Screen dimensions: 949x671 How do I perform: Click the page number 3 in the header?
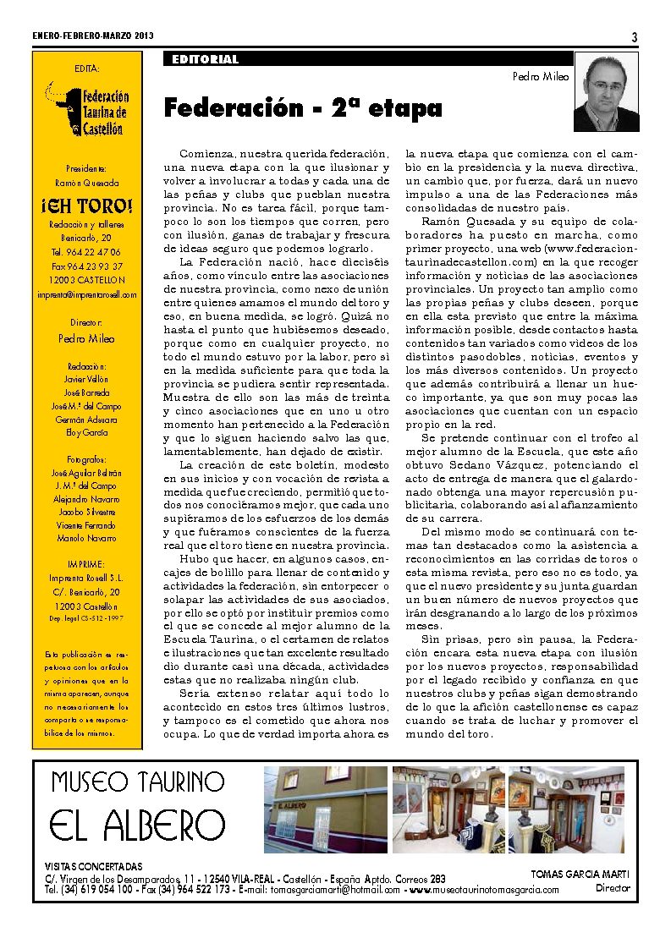click(634, 36)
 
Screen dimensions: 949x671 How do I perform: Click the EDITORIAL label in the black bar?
click(205, 60)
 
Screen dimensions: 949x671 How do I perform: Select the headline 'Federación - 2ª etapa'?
click(302, 108)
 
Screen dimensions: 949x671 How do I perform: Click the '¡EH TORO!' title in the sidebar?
click(87, 206)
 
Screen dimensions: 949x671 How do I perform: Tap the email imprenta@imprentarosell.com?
click(87, 294)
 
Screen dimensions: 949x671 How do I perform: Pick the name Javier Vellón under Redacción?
click(87, 379)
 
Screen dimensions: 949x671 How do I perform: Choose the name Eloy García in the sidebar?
click(87, 432)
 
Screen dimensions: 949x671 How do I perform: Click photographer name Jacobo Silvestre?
click(87, 513)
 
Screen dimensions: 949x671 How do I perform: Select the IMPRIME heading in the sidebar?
click(87, 563)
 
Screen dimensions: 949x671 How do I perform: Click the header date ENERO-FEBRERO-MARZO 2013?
click(93, 36)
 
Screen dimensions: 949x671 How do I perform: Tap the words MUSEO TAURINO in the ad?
click(137, 782)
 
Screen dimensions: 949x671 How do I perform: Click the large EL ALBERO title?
click(137, 826)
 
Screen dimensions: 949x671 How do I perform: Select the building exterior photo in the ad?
click(326, 809)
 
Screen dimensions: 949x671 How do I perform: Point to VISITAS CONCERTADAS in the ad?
click(93, 867)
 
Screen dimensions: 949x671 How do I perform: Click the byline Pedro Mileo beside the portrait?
click(541, 76)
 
